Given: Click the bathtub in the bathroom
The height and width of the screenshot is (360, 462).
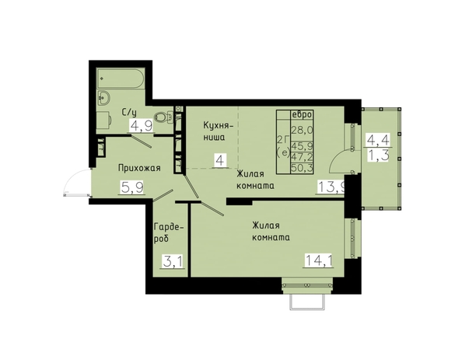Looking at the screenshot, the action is click(x=121, y=78).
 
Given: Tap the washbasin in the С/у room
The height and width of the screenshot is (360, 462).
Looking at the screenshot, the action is click(x=103, y=98).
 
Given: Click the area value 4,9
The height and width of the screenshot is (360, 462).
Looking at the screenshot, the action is click(x=142, y=126).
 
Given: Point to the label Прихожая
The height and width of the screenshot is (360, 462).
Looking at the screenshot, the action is click(x=139, y=168).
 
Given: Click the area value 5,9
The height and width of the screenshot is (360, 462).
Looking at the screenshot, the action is click(x=132, y=187).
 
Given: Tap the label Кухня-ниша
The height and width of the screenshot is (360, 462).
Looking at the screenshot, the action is click(x=218, y=131).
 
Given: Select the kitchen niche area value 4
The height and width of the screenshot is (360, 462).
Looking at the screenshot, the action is click(x=220, y=162).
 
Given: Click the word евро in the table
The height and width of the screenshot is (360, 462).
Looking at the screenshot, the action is click(x=302, y=114).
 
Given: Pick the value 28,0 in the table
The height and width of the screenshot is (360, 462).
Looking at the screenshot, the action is click(x=302, y=130).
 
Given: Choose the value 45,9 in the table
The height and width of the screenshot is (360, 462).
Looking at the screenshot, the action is click(x=302, y=146).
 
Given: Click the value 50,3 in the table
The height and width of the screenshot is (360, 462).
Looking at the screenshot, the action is click(x=302, y=168).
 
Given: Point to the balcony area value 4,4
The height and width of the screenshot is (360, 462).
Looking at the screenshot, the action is click(x=378, y=140).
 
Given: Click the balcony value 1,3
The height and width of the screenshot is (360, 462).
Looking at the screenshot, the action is click(x=378, y=155).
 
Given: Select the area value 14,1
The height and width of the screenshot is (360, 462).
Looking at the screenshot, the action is click(x=319, y=260).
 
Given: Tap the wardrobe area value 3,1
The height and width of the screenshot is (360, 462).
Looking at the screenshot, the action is click(x=173, y=261).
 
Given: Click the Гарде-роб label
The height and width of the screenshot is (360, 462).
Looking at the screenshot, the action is click(x=169, y=232).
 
